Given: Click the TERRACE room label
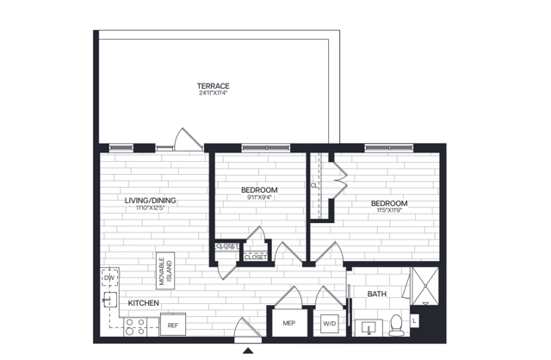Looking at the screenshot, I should (x=213, y=85).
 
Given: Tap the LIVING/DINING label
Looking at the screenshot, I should (x=150, y=200).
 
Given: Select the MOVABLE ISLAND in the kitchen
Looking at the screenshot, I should (x=164, y=270).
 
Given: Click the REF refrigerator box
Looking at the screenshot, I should (x=172, y=326).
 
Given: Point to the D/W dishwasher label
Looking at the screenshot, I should (x=109, y=278).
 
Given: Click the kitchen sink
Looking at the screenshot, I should (x=109, y=299).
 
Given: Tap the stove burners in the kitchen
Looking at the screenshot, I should (x=134, y=326).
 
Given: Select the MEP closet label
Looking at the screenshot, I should (x=289, y=325).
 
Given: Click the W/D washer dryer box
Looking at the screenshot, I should (x=329, y=325).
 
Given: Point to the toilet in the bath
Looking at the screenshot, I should (x=397, y=324).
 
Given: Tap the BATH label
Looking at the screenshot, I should (x=377, y=295).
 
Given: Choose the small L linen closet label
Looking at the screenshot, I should (x=416, y=321).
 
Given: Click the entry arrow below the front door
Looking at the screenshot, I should (x=248, y=351).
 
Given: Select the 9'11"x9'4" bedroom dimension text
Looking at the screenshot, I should (x=259, y=197).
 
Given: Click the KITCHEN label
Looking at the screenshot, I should (x=143, y=304).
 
